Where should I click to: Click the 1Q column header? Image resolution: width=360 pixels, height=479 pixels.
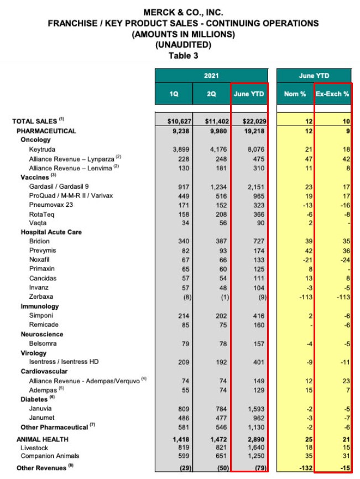coord(174,94)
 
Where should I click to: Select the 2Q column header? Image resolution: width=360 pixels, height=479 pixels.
coord(211,94)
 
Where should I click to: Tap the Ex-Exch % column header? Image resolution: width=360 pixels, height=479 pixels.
coord(332,94)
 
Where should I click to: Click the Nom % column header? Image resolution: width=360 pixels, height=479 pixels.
coord(295,94)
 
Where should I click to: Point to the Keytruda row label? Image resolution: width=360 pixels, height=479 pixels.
coord(43,149)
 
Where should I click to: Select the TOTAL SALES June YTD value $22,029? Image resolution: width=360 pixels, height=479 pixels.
coord(248,121)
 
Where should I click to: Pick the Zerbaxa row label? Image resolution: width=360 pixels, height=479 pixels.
coord(41,297)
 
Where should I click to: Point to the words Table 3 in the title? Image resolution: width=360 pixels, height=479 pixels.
coord(183,55)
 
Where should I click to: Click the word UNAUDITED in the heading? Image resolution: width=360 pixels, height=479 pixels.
coord(183,45)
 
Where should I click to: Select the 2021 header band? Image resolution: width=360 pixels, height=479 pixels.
coord(211,75)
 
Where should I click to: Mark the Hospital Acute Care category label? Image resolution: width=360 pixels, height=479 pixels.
coord(51,232)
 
